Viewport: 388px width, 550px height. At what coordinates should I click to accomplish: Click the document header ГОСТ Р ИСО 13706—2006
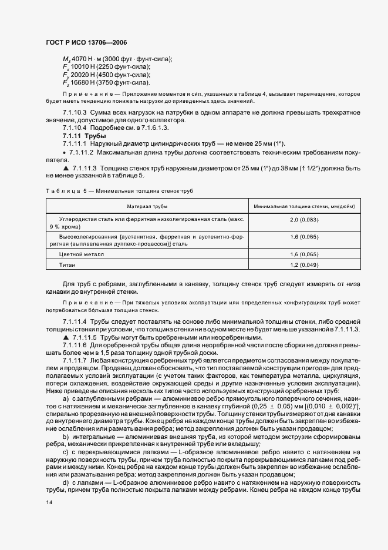tap(86, 42)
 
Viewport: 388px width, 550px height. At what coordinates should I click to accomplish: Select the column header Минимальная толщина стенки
tap(303, 207)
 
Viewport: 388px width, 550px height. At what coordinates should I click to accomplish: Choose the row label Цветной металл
tap(81, 254)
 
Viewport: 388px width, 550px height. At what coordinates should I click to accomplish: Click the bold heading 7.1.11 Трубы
tap(80, 136)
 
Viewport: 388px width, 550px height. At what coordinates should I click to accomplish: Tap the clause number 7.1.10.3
tap(75, 112)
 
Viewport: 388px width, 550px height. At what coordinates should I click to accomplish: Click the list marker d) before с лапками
tap(66, 482)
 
